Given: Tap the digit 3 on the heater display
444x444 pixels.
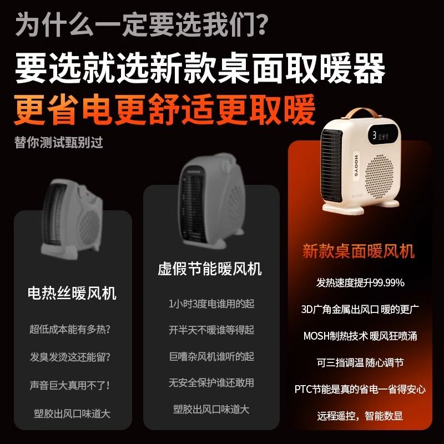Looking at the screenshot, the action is coord(374,135).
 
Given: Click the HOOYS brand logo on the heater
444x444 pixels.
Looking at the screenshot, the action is coord(356,165).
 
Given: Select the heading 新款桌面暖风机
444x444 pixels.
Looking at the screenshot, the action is coord(359,251).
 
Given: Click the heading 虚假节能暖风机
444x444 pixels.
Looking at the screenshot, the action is coord(210,269).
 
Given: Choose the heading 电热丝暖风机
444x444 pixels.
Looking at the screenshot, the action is coord(72,293).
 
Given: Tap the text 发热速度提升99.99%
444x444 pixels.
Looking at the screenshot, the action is coord(360,282).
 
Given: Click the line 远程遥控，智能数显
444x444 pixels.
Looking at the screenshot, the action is coord(360,416).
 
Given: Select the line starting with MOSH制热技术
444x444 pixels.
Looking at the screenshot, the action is coord(360,336).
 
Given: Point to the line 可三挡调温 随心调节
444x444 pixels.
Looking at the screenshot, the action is coord(360,362).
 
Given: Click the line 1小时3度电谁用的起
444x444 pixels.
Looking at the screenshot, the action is coord(211,304).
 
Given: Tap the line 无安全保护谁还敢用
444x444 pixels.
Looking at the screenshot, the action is coord(211,383).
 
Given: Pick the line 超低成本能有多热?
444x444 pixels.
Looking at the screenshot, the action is coord(70,329).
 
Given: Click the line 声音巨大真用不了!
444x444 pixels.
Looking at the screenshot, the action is coord(70,385).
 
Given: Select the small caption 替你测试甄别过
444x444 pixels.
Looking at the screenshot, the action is coord(59,142).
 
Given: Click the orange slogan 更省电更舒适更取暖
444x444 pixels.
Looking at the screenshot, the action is coord(164,109).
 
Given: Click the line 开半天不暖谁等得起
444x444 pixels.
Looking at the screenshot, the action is coord(211,330).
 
